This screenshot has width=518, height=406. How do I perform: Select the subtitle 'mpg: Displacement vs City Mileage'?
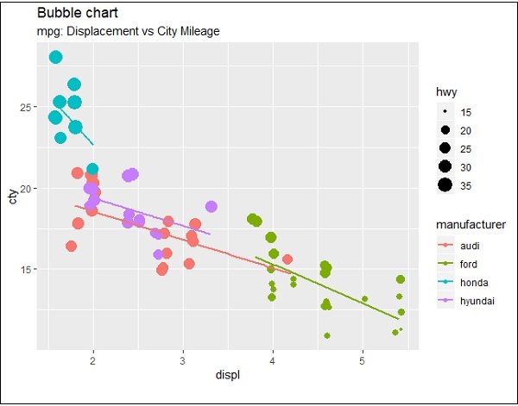tap(129, 31)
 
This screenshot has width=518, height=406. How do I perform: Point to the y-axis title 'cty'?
tap(13, 197)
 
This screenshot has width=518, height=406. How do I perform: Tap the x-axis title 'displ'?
tap(227, 377)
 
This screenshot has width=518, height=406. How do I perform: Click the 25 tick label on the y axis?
tap(27, 107)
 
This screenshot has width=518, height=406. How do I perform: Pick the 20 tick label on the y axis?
tap(27, 188)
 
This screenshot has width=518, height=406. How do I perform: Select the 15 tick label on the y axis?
tap(27, 269)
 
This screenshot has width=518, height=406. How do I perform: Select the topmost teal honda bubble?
tap(56, 57)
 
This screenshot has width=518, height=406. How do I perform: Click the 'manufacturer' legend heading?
tap(470, 225)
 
